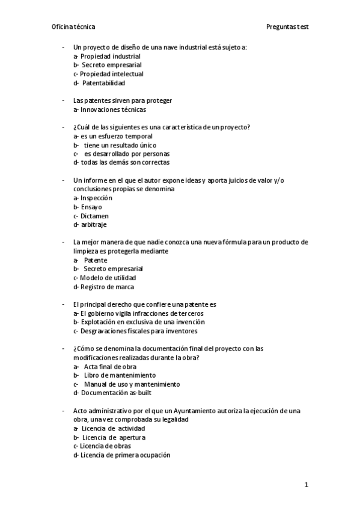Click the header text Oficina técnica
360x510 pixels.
click(73, 27)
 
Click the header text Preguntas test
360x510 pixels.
click(287, 27)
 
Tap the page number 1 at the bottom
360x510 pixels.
click(307, 485)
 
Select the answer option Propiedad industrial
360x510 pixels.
click(106, 56)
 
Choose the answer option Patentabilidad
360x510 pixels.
click(103, 83)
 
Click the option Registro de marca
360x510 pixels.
click(103, 287)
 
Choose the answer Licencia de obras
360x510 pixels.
click(105, 446)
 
